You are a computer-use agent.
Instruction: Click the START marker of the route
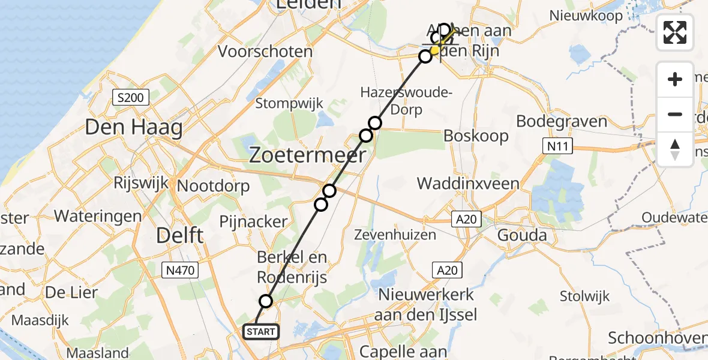261,332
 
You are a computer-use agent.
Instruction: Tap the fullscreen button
675,32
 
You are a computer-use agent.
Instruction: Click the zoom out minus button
675,114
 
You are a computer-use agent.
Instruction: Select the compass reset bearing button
675,149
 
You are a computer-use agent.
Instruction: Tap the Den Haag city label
134,127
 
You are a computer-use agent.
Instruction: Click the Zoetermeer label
307,156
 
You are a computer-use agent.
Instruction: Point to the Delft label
179,235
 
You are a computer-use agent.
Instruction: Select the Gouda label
522,235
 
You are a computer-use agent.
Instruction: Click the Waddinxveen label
468,183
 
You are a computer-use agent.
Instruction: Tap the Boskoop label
476,136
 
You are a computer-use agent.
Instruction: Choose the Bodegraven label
562,121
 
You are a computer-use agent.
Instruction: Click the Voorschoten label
265,51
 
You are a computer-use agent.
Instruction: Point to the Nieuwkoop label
587,16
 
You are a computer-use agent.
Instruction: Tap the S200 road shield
130,97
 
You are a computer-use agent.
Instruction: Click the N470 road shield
180,271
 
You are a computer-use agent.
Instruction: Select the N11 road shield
557,146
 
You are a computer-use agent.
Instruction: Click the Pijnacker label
262,221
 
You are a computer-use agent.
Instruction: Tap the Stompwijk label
289,103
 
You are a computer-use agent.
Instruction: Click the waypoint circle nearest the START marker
266,301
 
